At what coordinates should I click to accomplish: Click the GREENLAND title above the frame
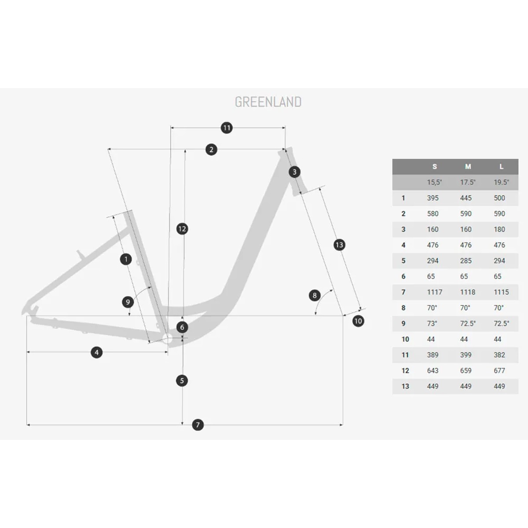[268, 102]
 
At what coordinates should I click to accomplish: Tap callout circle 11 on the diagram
[227, 128]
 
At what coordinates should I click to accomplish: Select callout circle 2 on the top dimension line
[211, 150]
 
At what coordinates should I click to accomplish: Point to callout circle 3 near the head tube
[294, 172]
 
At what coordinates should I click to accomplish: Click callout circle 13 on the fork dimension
[339, 245]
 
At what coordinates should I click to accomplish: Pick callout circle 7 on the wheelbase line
[198, 425]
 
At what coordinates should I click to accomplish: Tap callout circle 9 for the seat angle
[128, 302]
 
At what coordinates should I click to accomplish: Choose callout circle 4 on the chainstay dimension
[96, 352]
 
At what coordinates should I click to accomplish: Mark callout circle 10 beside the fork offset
[358, 321]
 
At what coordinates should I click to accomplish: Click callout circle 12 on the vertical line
[182, 229]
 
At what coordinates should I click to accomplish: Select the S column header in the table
[435, 167]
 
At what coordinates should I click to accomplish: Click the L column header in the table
[501, 167]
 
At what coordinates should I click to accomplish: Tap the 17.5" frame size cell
[468, 182]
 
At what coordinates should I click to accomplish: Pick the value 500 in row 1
[499, 198]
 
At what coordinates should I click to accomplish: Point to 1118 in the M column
[468, 292]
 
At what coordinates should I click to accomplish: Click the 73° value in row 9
[432, 323]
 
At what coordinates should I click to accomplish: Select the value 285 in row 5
[466, 260]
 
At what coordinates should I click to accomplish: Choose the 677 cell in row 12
[499, 370]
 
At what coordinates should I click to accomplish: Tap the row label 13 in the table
[405, 386]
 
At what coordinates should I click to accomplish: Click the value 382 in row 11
[499, 355]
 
